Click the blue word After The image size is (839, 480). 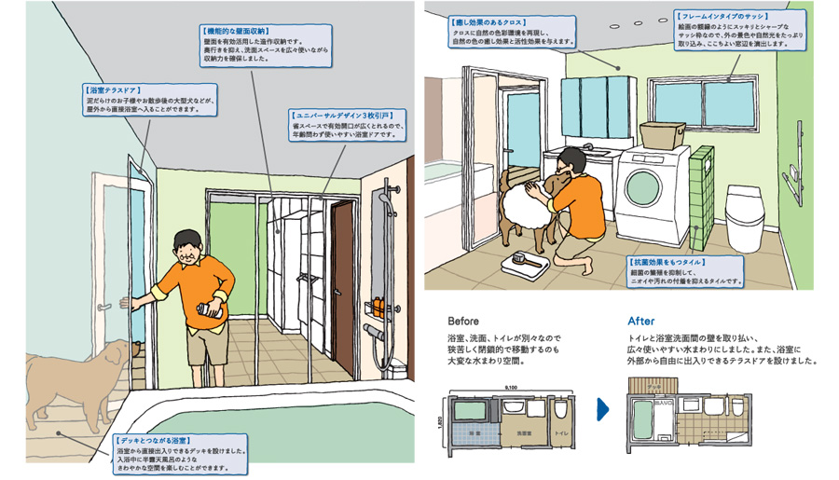coord(642,321)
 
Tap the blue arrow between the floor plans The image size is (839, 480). coord(603,407)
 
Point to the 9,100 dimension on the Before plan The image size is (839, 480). coord(511,385)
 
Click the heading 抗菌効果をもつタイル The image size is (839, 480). coord(667,262)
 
